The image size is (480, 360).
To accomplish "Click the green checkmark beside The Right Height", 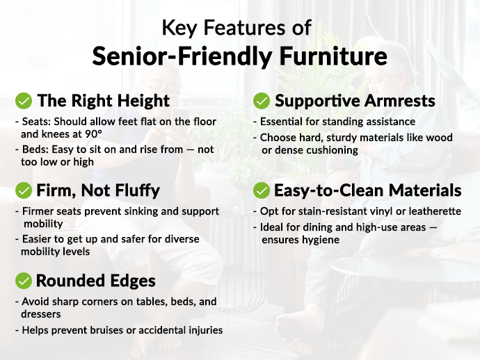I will pos(24,101).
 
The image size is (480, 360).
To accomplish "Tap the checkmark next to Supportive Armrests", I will pos(262,101).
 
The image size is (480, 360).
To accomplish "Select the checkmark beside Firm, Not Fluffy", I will pos(24,190).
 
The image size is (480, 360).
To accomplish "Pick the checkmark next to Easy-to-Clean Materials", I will pos(262,190).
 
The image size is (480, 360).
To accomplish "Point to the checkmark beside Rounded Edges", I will pos(24,281).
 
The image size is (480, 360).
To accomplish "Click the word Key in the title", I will pos(178,28).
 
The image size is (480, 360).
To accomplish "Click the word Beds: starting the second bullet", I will pos(35,149).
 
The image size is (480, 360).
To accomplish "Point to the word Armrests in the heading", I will pos(400,101).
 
